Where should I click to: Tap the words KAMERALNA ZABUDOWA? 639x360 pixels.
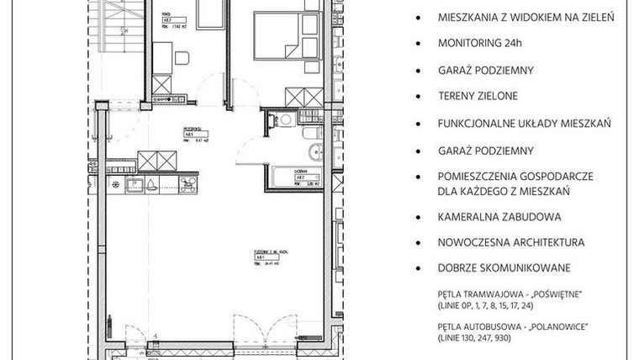click(x=499, y=216)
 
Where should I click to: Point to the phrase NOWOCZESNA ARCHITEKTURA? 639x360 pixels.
click(x=510, y=243)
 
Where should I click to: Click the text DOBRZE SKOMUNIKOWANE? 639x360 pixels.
click(x=504, y=268)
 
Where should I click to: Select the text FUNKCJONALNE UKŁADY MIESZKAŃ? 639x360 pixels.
click(x=523, y=123)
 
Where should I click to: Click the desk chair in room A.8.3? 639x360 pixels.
click(x=183, y=59)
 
